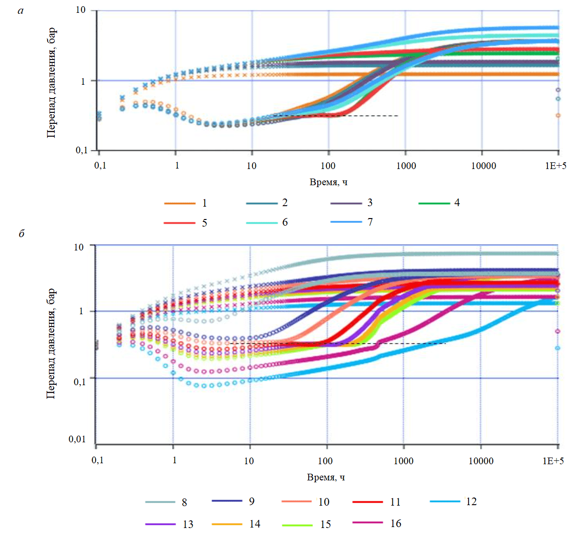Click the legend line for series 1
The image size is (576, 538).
pyautogui.click(x=180, y=203)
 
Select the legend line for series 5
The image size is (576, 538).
pyautogui.click(x=179, y=223)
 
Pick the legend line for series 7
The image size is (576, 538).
pyautogui.click(x=346, y=222)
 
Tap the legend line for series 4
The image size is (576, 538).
pyautogui.click(x=434, y=203)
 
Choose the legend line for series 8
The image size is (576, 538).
pyautogui.click(x=160, y=502)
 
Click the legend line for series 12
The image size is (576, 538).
pyautogui.click(x=445, y=501)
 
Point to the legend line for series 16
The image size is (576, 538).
pyautogui.click(x=368, y=523)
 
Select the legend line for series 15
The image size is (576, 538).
pyautogui.click(x=297, y=525)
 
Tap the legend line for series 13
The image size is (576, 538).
pyautogui.click(x=161, y=524)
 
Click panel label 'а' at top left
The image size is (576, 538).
pyautogui.click(x=20, y=10)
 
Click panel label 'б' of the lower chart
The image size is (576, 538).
pyautogui.click(x=21, y=234)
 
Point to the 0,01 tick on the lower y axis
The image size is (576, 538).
pyautogui.click(x=77, y=439)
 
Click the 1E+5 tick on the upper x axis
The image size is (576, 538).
pyautogui.click(x=555, y=166)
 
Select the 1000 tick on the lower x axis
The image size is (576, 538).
pyautogui.click(x=403, y=461)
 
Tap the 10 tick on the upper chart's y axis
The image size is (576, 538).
pyautogui.click(x=81, y=10)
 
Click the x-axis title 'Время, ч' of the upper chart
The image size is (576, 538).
pyautogui.click(x=328, y=182)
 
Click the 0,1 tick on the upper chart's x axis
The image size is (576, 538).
pyautogui.click(x=99, y=166)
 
